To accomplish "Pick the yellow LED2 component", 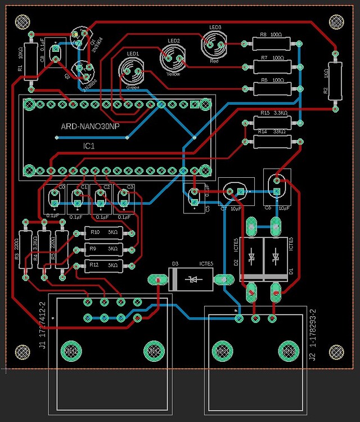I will pyautogui.click(x=173, y=56).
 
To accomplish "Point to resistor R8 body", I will pyautogui.click(x=271, y=43).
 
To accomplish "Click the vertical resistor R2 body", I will pyautogui.click(x=335, y=79).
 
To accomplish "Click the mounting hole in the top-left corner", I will pyautogui.click(x=21, y=21).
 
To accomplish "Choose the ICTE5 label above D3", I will pyautogui.click(x=205, y=263).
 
